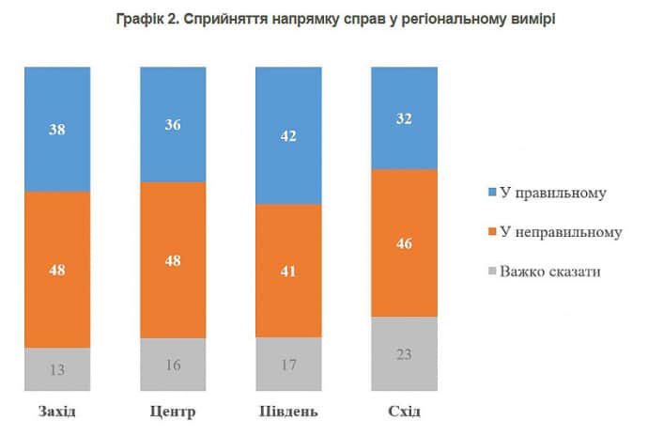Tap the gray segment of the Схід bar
click(x=405, y=352)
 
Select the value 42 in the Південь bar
click(x=289, y=136)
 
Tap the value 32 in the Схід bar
click(x=405, y=119)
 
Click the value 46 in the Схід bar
click(x=405, y=244)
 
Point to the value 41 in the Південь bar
click(x=289, y=272)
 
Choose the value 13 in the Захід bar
click(x=57, y=369)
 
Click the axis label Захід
click(x=57, y=413)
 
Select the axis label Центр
click(x=173, y=413)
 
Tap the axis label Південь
click(x=289, y=413)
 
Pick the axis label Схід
click(x=405, y=413)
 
